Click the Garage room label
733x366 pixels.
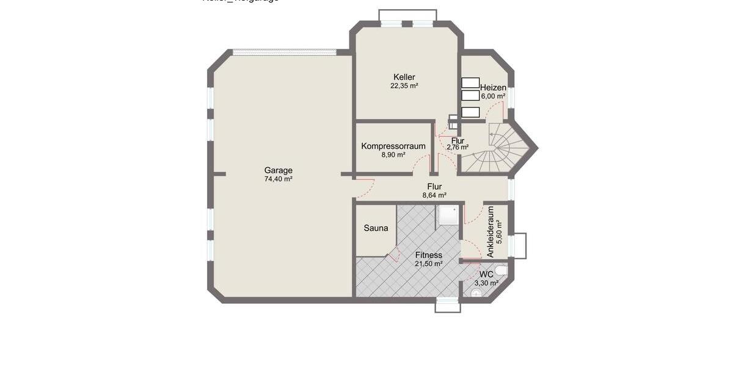point(278,170)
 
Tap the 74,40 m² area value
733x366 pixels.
point(278,179)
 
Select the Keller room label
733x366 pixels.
point(404,77)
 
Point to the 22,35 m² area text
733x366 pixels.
point(404,86)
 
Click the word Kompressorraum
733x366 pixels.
point(393,146)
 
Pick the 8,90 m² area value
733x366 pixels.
point(393,155)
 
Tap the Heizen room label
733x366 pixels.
point(493,87)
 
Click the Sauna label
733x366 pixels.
point(376,228)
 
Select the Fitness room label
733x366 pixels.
point(428,255)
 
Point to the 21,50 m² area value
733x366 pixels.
point(428,264)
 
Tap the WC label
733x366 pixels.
point(486,274)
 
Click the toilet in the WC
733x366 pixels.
point(501,270)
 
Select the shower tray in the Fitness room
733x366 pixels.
point(448,215)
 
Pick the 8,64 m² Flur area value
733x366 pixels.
point(434,195)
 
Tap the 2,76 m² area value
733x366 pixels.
point(458,147)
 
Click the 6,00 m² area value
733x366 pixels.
point(493,96)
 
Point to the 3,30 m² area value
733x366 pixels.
point(486,283)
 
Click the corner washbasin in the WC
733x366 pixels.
point(476,293)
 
